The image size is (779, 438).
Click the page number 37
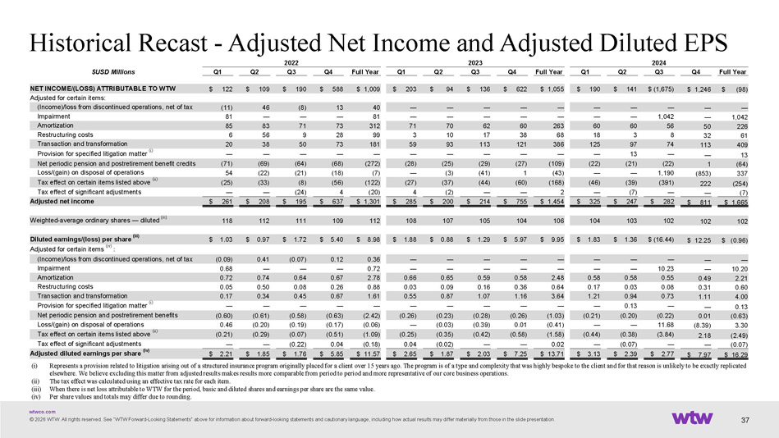pyautogui.click(x=745, y=421)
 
